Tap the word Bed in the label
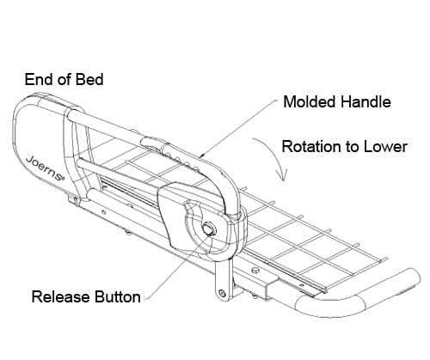pyautogui.click(x=89, y=79)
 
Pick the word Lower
pyautogui.click(x=385, y=147)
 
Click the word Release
pyautogui.click(x=60, y=296)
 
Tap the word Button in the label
pyautogui.click(x=118, y=296)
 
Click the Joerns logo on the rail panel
pyautogui.click(x=45, y=168)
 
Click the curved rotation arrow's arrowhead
pyautogui.click(x=282, y=175)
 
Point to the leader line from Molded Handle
pyautogui.click(x=239, y=128)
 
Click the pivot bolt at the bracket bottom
pyautogui.click(x=222, y=293)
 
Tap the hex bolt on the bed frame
pyautogui.click(x=255, y=270)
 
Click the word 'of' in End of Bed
pyautogui.click(x=64, y=79)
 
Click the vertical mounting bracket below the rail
pyautogui.click(x=223, y=279)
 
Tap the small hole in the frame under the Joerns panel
pyautogui.click(x=103, y=212)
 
